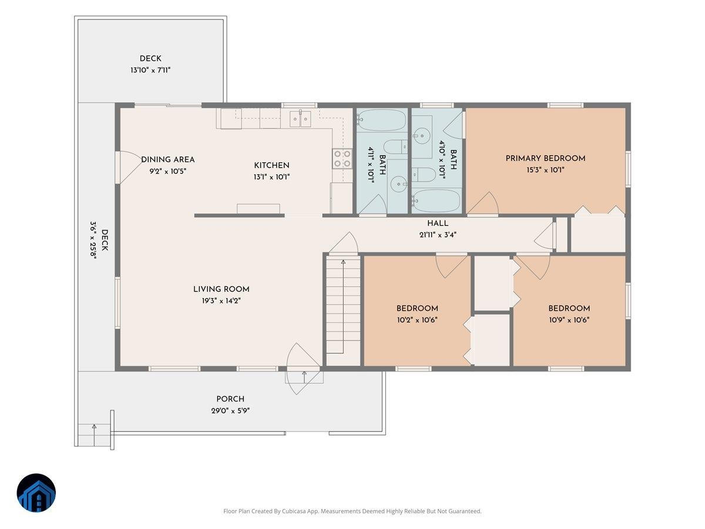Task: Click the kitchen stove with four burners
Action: [x=342, y=159]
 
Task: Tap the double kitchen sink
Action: [x=300, y=119]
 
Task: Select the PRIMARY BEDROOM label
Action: [x=545, y=158]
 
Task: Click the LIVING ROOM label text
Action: [x=221, y=289]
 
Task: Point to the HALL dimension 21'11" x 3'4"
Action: [x=438, y=235]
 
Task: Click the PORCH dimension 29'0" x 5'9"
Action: [x=230, y=410]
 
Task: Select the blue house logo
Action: [x=36, y=493]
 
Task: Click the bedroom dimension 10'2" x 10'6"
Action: [x=417, y=320]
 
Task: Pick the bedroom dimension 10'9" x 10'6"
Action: [x=569, y=320]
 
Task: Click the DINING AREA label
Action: [x=168, y=160]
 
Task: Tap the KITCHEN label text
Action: [x=272, y=165]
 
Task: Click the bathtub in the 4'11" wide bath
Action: [x=382, y=120]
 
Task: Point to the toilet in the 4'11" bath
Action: [x=395, y=148]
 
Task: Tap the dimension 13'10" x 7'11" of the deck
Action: [x=150, y=70]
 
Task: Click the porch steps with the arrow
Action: [x=95, y=435]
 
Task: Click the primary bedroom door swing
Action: [x=483, y=203]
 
